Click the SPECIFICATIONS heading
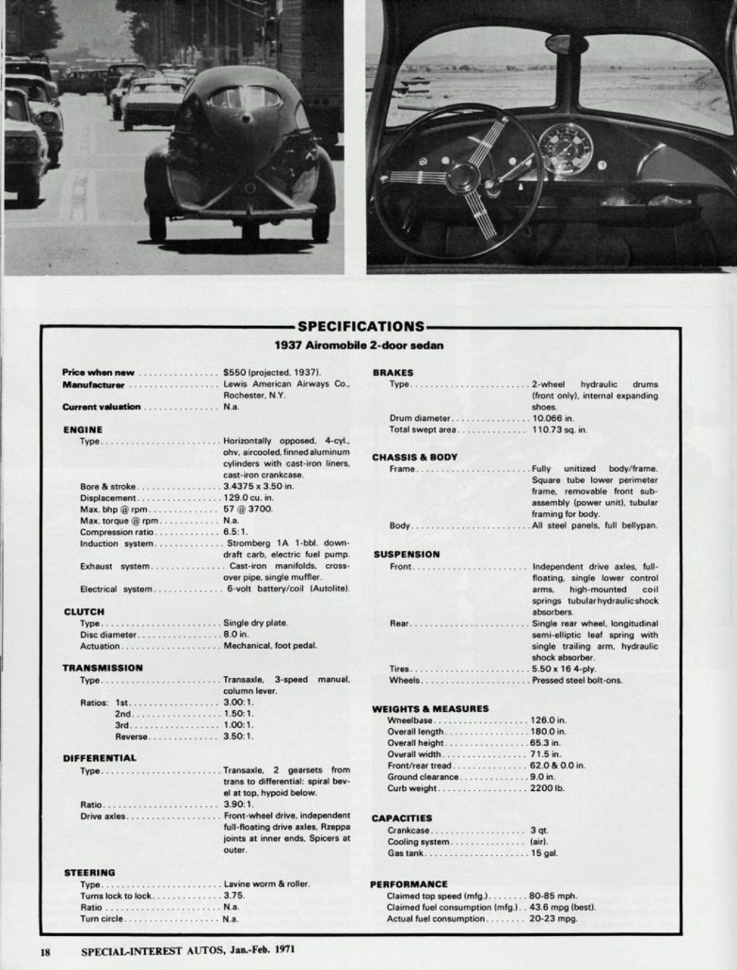tap(360, 327)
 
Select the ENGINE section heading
tap(82, 428)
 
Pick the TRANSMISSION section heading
tap(103, 668)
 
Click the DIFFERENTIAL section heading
tap(100, 757)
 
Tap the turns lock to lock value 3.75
tap(233, 896)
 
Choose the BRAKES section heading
tap(393, 373)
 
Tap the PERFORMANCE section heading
tap(409, 884)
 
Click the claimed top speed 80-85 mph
tap(553, 896)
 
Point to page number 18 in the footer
tap(45, 949)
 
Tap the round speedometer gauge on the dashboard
tap(565, 149)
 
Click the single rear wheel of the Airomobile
tap(249, 229)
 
